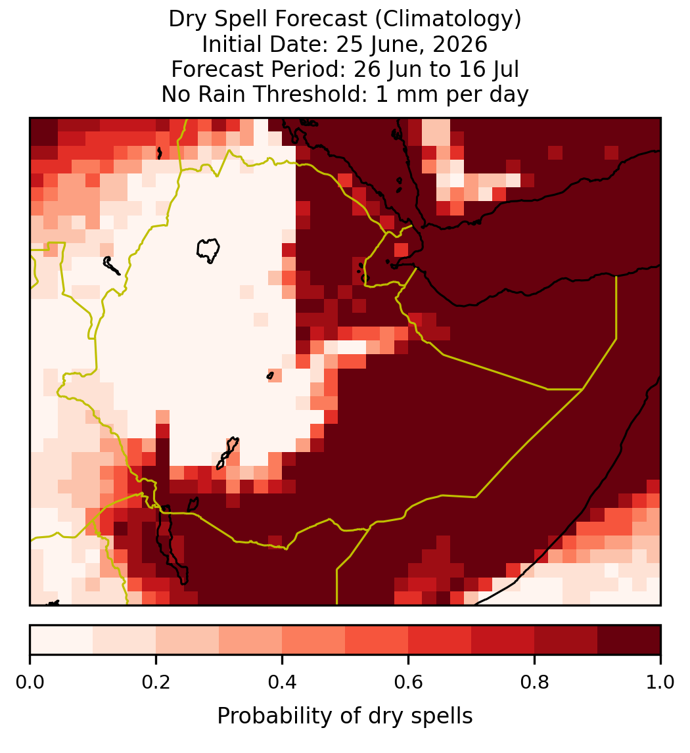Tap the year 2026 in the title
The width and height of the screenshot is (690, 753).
[459, 44]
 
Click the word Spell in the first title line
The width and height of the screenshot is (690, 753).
[235, 19]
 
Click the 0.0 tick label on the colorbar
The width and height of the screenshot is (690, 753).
[30, 682]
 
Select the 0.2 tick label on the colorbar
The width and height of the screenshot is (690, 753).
[156, 682]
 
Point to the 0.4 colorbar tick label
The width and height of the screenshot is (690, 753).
[283, 682]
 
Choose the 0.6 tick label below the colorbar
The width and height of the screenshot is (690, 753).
[409, 682]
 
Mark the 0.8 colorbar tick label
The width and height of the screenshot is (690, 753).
[535, 682]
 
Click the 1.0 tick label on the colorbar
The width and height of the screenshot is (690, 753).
[660, 682]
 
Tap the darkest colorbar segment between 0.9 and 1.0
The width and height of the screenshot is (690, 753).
[629, 640]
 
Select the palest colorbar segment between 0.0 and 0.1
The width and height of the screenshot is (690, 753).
[62, 640]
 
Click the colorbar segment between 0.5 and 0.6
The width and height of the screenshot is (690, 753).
[377, 640]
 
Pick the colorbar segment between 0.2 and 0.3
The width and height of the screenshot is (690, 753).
[187, 640]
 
